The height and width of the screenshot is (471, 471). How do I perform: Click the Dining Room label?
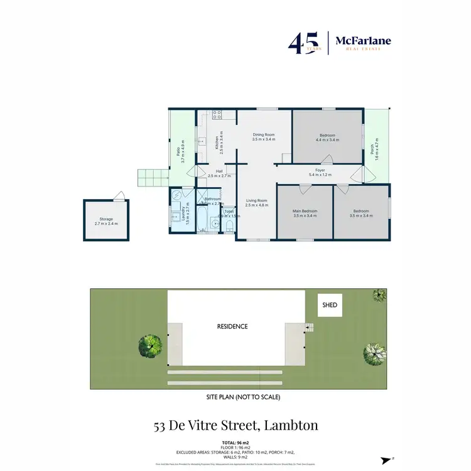pos(264,137)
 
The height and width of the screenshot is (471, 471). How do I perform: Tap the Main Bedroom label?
pos(305,214)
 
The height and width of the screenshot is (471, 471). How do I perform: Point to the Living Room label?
pos(256,203)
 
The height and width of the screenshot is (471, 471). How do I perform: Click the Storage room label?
pos(106,221)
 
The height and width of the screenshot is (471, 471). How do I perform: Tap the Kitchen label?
pos(217,144)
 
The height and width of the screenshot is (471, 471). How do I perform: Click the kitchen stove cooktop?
pos(217,115)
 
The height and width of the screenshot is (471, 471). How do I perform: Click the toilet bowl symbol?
pos(229,225)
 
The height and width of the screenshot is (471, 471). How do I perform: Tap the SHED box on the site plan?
pos(330,305)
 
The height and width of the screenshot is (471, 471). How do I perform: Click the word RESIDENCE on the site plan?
pos(232,327)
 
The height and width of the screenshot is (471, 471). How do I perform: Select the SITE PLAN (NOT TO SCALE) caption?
pos(242,397)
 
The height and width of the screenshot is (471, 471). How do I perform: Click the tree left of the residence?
pos(151,344)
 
